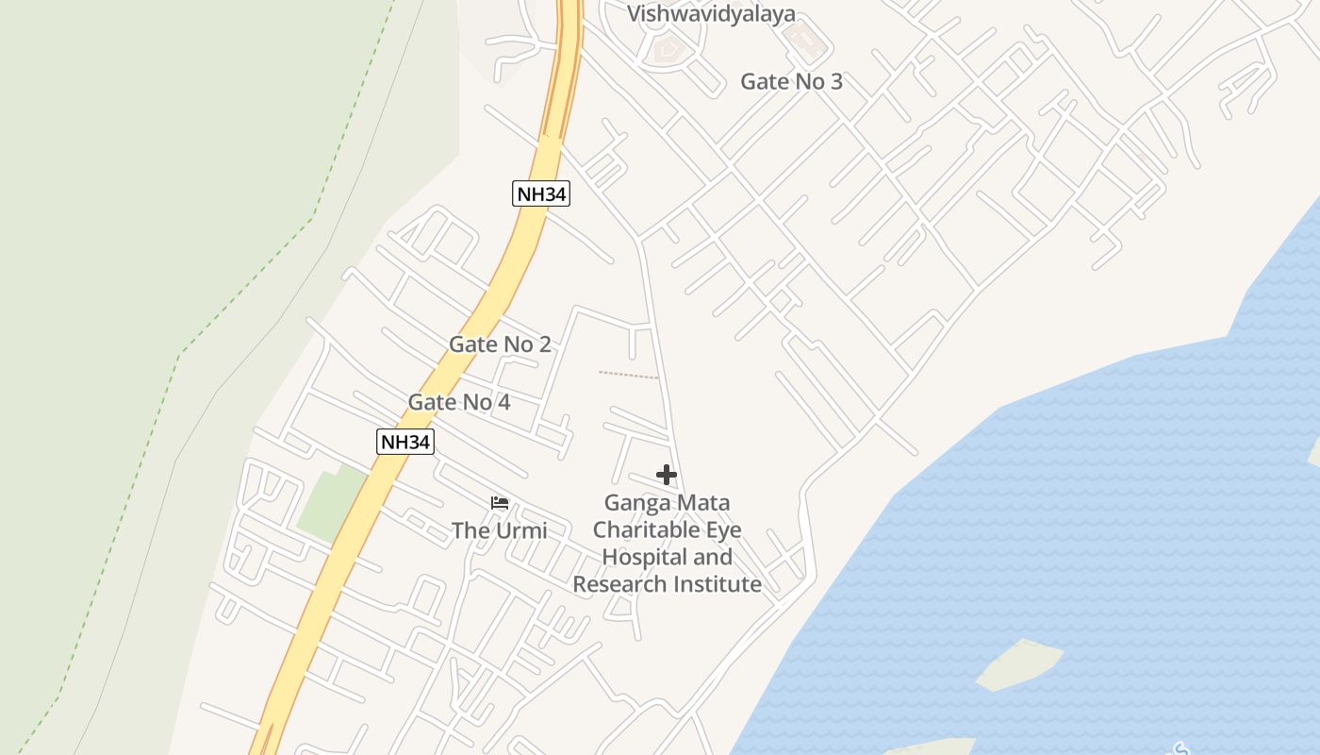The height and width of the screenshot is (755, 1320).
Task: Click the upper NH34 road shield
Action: tap(541, 194)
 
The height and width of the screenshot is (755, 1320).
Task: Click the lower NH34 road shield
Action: tap(405, 442)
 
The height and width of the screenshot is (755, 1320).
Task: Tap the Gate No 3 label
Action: tap(791, 81)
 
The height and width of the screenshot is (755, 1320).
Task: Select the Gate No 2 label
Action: tap(500, 344)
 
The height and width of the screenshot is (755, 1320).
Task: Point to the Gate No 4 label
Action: tap(458, 402)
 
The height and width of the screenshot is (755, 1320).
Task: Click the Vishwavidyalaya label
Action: tap(711, 13)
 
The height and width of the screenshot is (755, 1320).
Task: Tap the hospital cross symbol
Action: tap(667, 475)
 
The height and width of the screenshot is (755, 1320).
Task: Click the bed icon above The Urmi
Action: tap(500, 503)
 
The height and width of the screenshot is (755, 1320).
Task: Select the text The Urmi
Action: tap(499, 530)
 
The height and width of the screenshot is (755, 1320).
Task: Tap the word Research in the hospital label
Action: tap(619, 584)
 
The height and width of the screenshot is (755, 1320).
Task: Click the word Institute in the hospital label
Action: tap(718, 584)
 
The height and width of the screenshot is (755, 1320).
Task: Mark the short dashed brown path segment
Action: tap(628, 375)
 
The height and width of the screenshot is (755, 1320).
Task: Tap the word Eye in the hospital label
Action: tap(724, 529)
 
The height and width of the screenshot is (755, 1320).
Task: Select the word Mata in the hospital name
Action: tap(704, 502)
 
